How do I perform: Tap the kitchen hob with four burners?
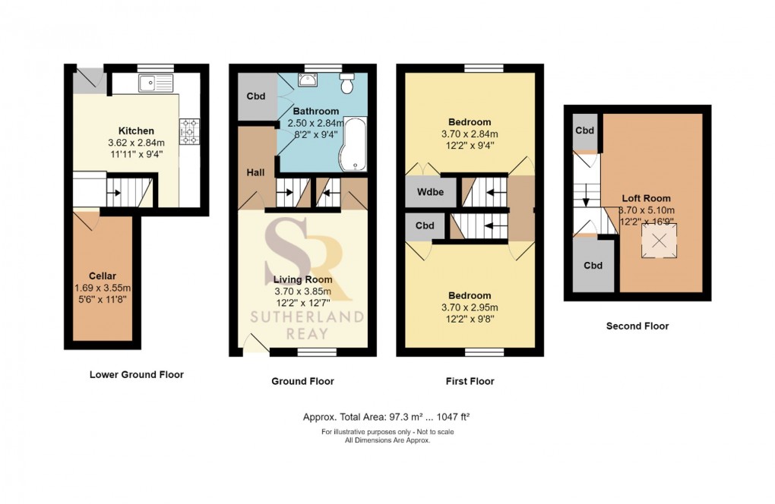click(189, 131)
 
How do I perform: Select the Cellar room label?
click(102, 276)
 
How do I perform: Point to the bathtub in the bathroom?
click(353, 144)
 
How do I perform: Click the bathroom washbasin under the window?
click(308, 81)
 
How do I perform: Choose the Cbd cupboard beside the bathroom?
click(256, 97)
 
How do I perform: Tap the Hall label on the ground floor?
click(255, 173)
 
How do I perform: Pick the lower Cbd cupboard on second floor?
click(593, 265)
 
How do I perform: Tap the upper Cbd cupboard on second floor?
click(584, 131)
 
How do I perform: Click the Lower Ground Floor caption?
click(137, 374)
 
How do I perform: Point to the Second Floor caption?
click(637, 326)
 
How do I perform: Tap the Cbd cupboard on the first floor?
click(425, 225)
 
